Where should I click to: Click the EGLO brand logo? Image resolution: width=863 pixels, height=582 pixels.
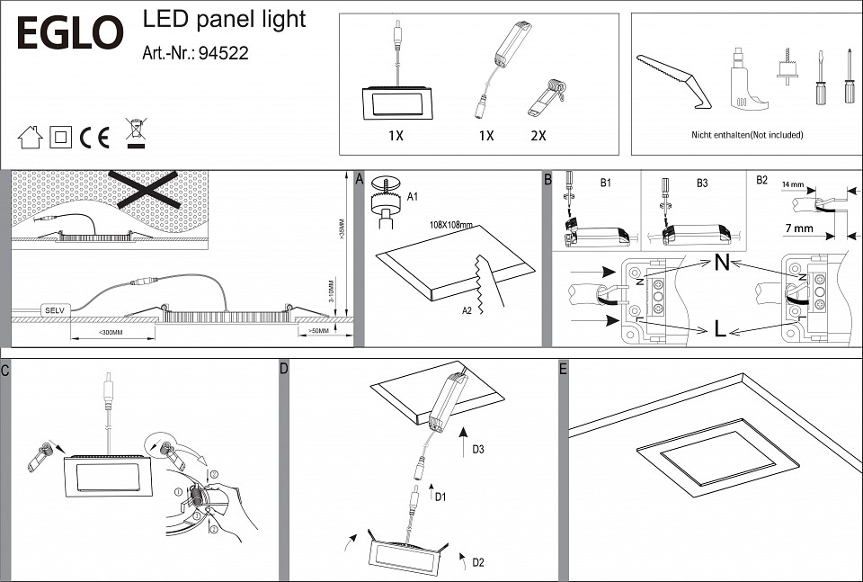[x=70, y=33]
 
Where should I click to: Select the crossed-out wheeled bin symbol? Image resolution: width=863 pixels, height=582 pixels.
[x=135, y=133]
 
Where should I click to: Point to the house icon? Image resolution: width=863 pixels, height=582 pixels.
[x=31, y=137]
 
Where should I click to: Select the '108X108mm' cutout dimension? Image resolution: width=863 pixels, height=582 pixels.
[x=451, y=225]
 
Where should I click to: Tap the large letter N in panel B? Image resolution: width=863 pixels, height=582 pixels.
[x=721, y=264]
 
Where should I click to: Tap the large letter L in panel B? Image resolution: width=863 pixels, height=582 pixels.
[x=719, y=329]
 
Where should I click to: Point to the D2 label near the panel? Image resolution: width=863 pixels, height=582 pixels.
[x=477, y=562]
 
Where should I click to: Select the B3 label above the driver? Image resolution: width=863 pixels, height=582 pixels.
[x=702, y=183]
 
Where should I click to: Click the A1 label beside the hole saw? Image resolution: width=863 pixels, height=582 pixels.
[x=414, y=195]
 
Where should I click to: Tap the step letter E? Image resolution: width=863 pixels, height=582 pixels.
[x=563, y=369]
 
